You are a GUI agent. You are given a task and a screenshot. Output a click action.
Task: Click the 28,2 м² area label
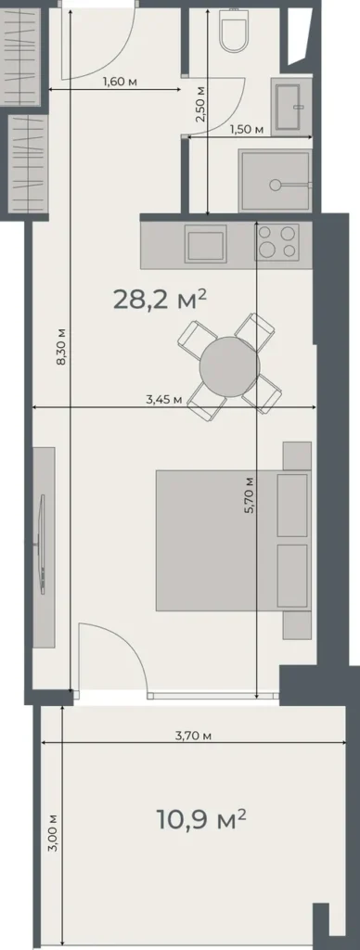coord(159,299)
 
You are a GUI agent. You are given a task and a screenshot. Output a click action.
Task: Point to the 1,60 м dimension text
coord(120,82)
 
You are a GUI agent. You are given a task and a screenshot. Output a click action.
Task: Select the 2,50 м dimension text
coord(200,103)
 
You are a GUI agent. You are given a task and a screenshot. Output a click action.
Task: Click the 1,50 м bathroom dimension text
coord(246,129)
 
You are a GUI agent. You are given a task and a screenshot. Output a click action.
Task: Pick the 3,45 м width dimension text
coord(163,400)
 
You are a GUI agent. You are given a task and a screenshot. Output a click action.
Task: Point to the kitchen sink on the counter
coord(205,244)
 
